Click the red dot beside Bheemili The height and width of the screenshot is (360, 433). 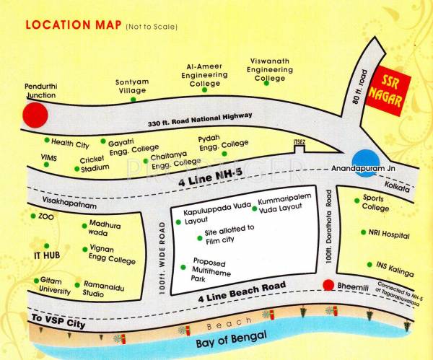328,285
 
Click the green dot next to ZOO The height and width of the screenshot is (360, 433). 33,216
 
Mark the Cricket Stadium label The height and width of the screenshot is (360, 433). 95,164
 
